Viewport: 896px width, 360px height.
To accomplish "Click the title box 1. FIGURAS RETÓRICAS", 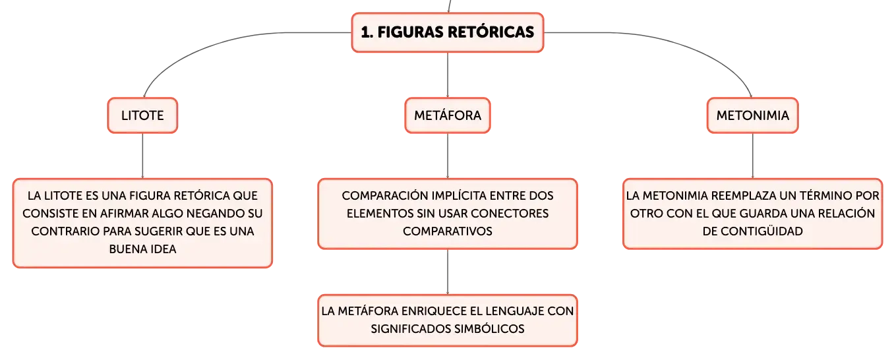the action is [448, 32].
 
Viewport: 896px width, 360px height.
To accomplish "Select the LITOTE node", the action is [142, 115].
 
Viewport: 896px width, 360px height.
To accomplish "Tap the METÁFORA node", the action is [448, 115].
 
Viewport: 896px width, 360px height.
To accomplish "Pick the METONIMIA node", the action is [752, 115].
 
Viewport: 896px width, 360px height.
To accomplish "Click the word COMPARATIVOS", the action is [448, 231].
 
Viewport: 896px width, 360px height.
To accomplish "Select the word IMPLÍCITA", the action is [449, 196].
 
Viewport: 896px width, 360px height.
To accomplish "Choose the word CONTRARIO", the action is [65, 231].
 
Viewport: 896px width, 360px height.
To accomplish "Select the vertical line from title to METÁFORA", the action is [448, 75].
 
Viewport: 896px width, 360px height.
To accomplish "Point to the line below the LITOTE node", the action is [142, 156].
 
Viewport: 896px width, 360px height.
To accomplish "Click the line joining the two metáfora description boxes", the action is [448, 272].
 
